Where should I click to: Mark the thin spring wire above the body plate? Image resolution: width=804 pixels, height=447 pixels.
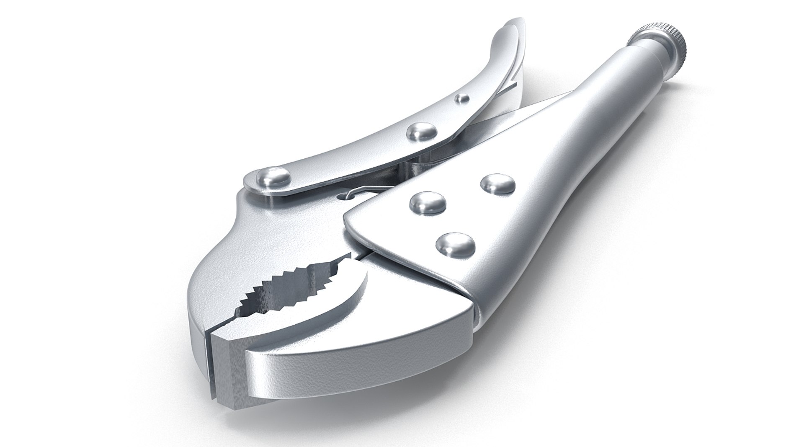tap(368, 191)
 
